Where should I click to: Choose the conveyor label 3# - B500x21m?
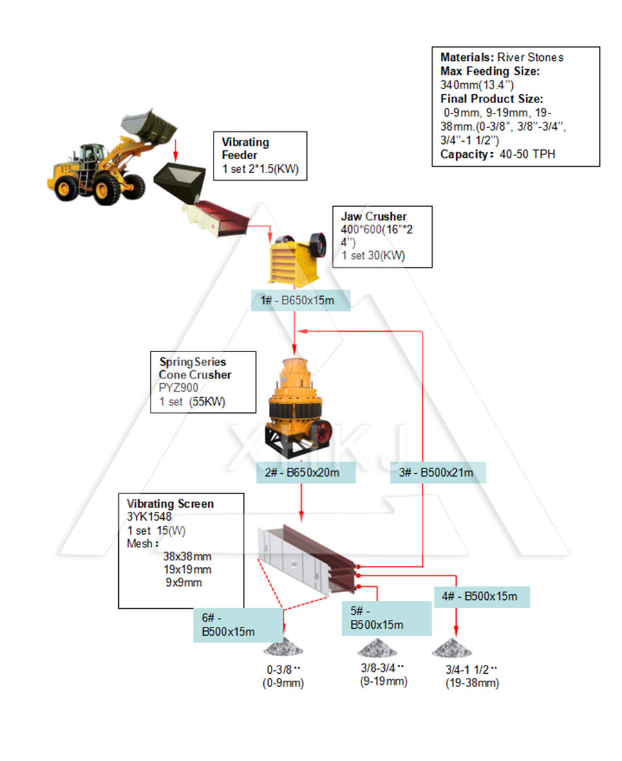pyautogui.click(x=436, y=473)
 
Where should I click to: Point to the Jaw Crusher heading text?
pyautogui.click(x=374, y=217)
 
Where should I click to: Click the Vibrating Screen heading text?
pyautogui.click(x=170, y=504)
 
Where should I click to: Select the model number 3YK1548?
pyautogui.click(x=149, y=516)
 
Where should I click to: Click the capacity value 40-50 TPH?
pyautogui.click(x=527, y=154)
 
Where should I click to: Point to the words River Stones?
pyautogui.click(x=530, y=57)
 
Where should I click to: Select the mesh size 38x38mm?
pyautogui.click(x=187, y=556)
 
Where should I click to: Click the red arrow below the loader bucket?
pyautogui.click(x=176, y=147)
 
